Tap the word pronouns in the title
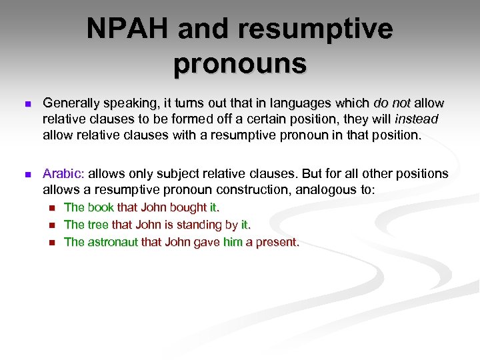pyautogui.click(x=240, y=64)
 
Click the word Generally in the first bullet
pyautogui.click(x=69, y=103)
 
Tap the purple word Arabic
pyautogui.click(x=62, y=174)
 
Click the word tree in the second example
pyautogui.click(x=99, y=225)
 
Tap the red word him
pyautogui.click(x=233, y=242)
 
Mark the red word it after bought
pyautogui.click(x=213, y=207)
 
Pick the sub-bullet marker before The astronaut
pyautogui.click(x=53, y=243)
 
